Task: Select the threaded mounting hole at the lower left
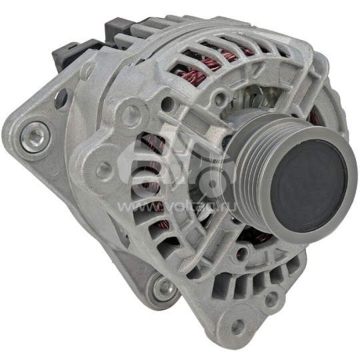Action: [x=161, y=288]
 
